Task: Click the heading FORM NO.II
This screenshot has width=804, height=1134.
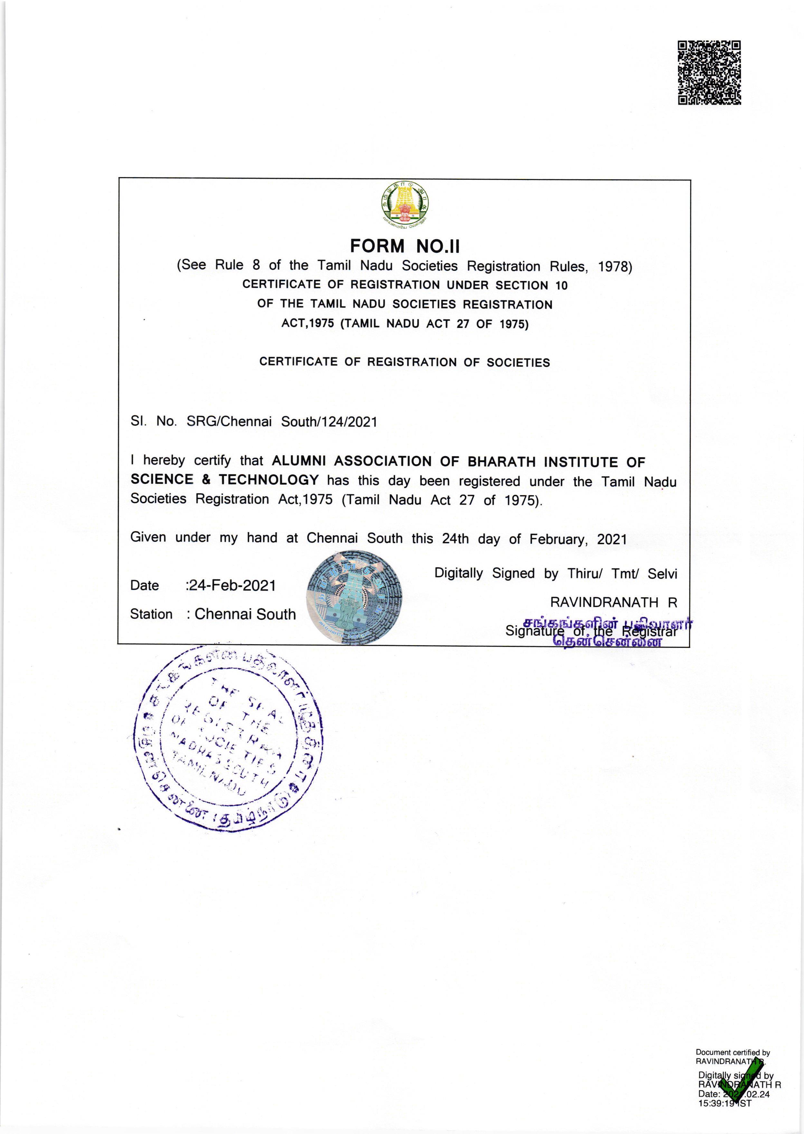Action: pos(405,246)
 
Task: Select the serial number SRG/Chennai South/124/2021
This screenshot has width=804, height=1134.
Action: pos(282,422)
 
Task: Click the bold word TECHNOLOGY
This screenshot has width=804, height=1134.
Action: pos(269,480)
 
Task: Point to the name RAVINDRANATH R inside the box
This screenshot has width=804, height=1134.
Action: pos(613,602)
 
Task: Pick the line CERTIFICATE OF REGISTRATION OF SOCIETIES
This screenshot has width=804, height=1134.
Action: pos(404,362)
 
